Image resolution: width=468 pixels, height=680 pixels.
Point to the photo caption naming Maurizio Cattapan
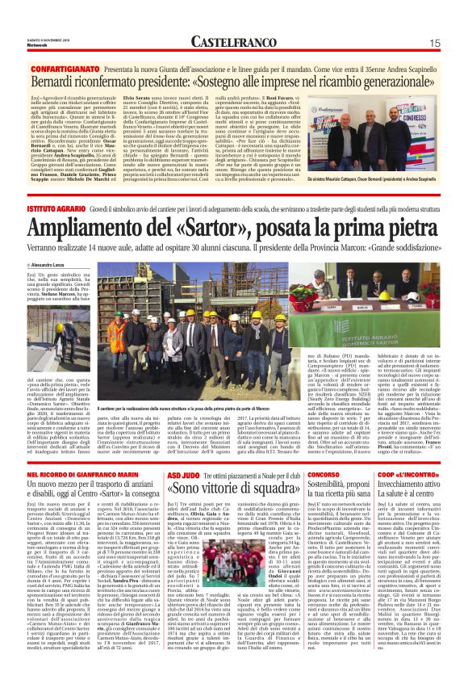(386, 176)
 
